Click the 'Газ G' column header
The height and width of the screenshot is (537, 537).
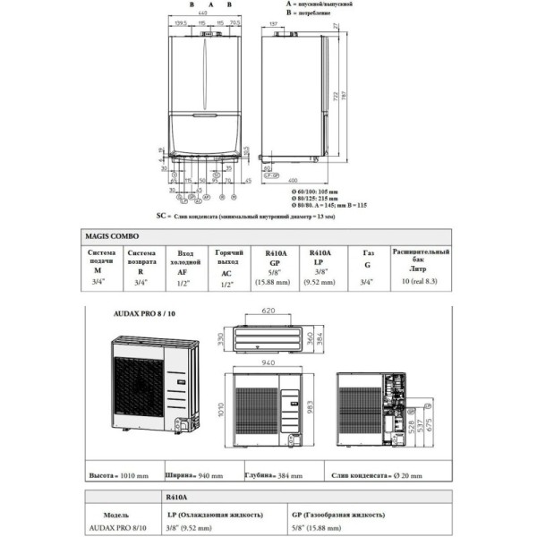tap(366, 260)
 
